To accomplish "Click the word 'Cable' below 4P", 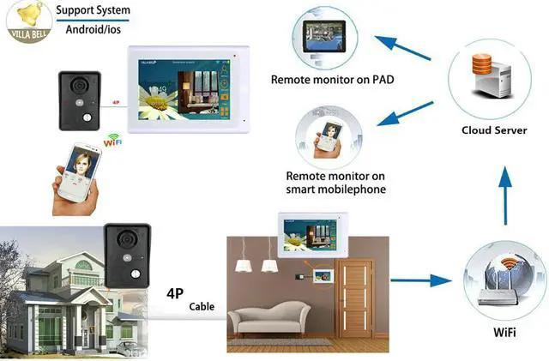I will click(x=202, y=307).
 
